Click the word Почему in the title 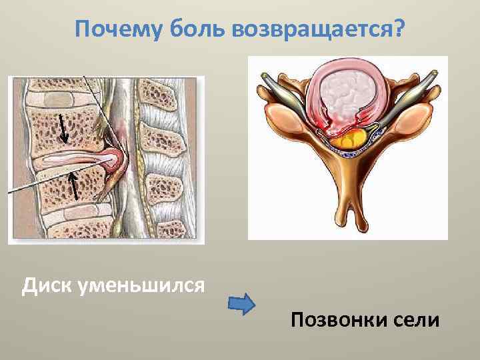113,30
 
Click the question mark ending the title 399,30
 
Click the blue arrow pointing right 242,304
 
